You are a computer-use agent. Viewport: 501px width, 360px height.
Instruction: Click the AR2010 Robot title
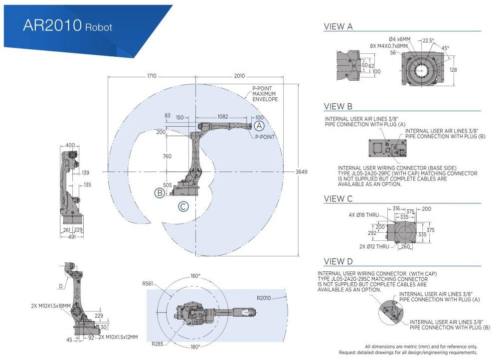pos(68,26)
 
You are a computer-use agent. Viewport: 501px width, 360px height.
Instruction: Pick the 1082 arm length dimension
pos(223,116)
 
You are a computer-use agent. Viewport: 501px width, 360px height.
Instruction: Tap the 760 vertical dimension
pos(167,156)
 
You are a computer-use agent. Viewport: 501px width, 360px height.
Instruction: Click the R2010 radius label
pos(264,298)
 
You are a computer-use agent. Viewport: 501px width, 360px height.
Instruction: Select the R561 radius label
pos(148,284)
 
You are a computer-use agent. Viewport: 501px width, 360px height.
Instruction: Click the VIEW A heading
pos(338,27)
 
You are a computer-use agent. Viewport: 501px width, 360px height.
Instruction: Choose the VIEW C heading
pos(338,198)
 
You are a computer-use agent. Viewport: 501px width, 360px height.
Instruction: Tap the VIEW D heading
pos(338,261)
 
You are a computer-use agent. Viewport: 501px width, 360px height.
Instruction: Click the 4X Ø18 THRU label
pos(364,215)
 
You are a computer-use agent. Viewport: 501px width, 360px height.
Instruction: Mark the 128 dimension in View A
pos(453,70)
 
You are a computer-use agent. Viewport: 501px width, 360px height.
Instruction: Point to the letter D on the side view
pos(60,286)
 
